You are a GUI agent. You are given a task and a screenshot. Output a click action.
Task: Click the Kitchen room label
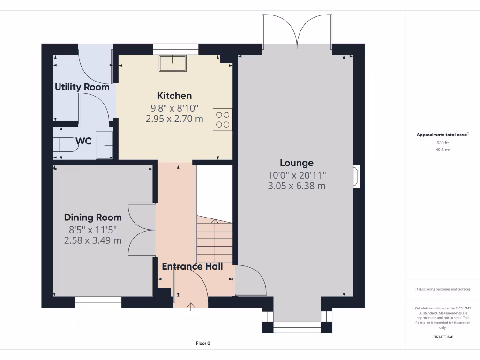pyautogui.click(x=174, y=96)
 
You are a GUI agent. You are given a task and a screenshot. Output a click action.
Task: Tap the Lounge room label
pyautogui.click(x=296, y=163)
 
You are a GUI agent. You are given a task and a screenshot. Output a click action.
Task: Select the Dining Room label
pyautogui.click(x=93, y=217)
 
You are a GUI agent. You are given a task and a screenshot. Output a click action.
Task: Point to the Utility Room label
pyautogui.click(x=82, y=87)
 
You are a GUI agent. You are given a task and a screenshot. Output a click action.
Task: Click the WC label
pyautogui.click(x=83, y=141)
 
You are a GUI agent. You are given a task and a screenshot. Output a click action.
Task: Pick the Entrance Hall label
pyautogui.click(x=192, y=266)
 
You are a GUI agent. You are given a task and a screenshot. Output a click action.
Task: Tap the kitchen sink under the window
pyautogui.click(x=172, y=63)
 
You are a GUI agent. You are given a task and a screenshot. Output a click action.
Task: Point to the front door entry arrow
pyautogui.click(x=191, y=307)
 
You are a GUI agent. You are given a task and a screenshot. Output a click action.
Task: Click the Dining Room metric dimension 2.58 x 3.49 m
pyautogui.click(x=93, y=240)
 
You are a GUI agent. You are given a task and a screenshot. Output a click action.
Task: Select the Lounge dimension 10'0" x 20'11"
pyautogui.click(x=296, y=175)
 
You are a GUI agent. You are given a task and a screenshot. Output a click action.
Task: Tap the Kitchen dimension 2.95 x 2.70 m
pyautogui.click(x=174, y=119)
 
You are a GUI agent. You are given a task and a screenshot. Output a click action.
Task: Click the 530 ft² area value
pyautogui.click(x=442, y=142)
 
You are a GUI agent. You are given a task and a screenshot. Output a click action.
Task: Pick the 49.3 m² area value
pyautogui.click(x=442, y=150)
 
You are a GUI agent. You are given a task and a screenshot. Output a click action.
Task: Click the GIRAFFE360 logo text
pyautogui.click(x=442, y=337)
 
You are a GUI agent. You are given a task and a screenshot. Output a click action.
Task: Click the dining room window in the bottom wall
pyautogui.click(x=98, y=302)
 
